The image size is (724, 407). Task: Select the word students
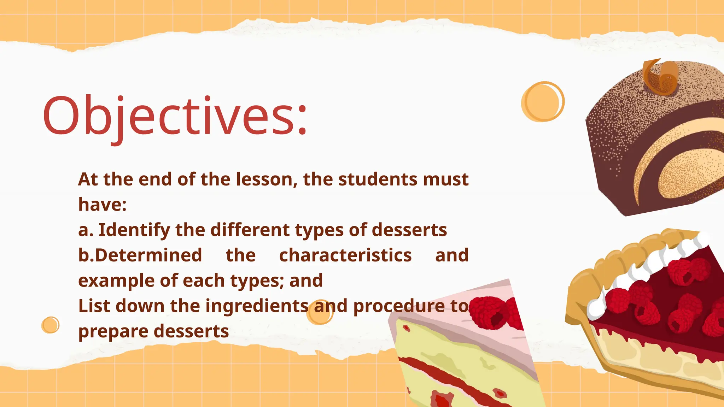click(378, 179)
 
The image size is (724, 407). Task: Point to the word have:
click(102, 205)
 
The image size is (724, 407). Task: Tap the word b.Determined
click(140, 255)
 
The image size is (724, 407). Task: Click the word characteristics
click(345, 255)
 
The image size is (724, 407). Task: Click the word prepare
click(113, 332)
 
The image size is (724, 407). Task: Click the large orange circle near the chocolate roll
click(542, 102)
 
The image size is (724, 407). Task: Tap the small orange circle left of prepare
click(50, 325)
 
